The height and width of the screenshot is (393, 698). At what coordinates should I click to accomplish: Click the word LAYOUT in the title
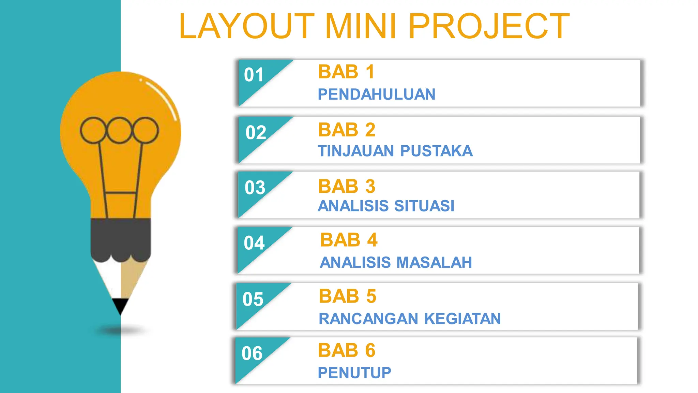246,26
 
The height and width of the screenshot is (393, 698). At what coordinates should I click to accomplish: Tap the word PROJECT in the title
489,26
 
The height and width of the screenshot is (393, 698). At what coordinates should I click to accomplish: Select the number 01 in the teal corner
254,75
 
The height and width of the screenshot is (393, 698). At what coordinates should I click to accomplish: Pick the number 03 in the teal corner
255,188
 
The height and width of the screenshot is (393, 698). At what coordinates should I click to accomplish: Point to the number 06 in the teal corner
252,353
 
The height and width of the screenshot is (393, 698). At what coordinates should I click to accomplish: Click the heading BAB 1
346,72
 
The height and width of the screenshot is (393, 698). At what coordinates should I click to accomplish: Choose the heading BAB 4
349,240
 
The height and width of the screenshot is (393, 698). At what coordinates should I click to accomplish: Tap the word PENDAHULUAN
376,94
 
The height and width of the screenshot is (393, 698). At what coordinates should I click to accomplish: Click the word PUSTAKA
437,151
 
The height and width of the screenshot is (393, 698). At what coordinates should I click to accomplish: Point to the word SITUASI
424,206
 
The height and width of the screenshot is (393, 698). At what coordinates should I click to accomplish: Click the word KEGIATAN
462,319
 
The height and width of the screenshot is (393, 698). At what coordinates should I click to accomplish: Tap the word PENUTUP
354,373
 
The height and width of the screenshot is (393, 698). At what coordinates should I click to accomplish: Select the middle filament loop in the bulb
119,130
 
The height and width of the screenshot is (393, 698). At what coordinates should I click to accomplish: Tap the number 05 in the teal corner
253,299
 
